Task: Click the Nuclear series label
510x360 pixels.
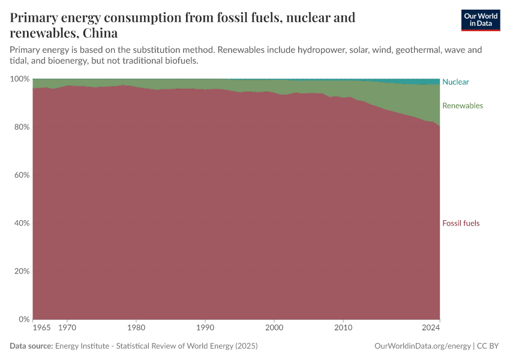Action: (x=455, y=82)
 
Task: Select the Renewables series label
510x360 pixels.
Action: (x=462, y=106)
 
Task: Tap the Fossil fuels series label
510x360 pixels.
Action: (x=461, y=223)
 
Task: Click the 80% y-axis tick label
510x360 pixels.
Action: (x=22, y=127)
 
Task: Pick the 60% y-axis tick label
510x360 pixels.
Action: (x=22, y=175)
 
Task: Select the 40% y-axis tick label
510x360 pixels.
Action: (x=22, y=223)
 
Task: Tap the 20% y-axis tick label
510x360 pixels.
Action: (x=22, y=271)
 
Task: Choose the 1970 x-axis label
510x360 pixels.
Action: (x=67, y=328)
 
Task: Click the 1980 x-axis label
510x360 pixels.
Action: (x=136, y=328)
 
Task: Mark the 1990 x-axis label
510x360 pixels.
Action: (x=205, y=328)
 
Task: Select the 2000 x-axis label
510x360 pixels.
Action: (x=274, y=328)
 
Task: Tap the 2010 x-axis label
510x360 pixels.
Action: (x=343, y=328)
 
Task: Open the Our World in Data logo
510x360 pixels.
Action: (x=480, y=20)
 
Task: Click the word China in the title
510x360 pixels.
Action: (x=100, y=32)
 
